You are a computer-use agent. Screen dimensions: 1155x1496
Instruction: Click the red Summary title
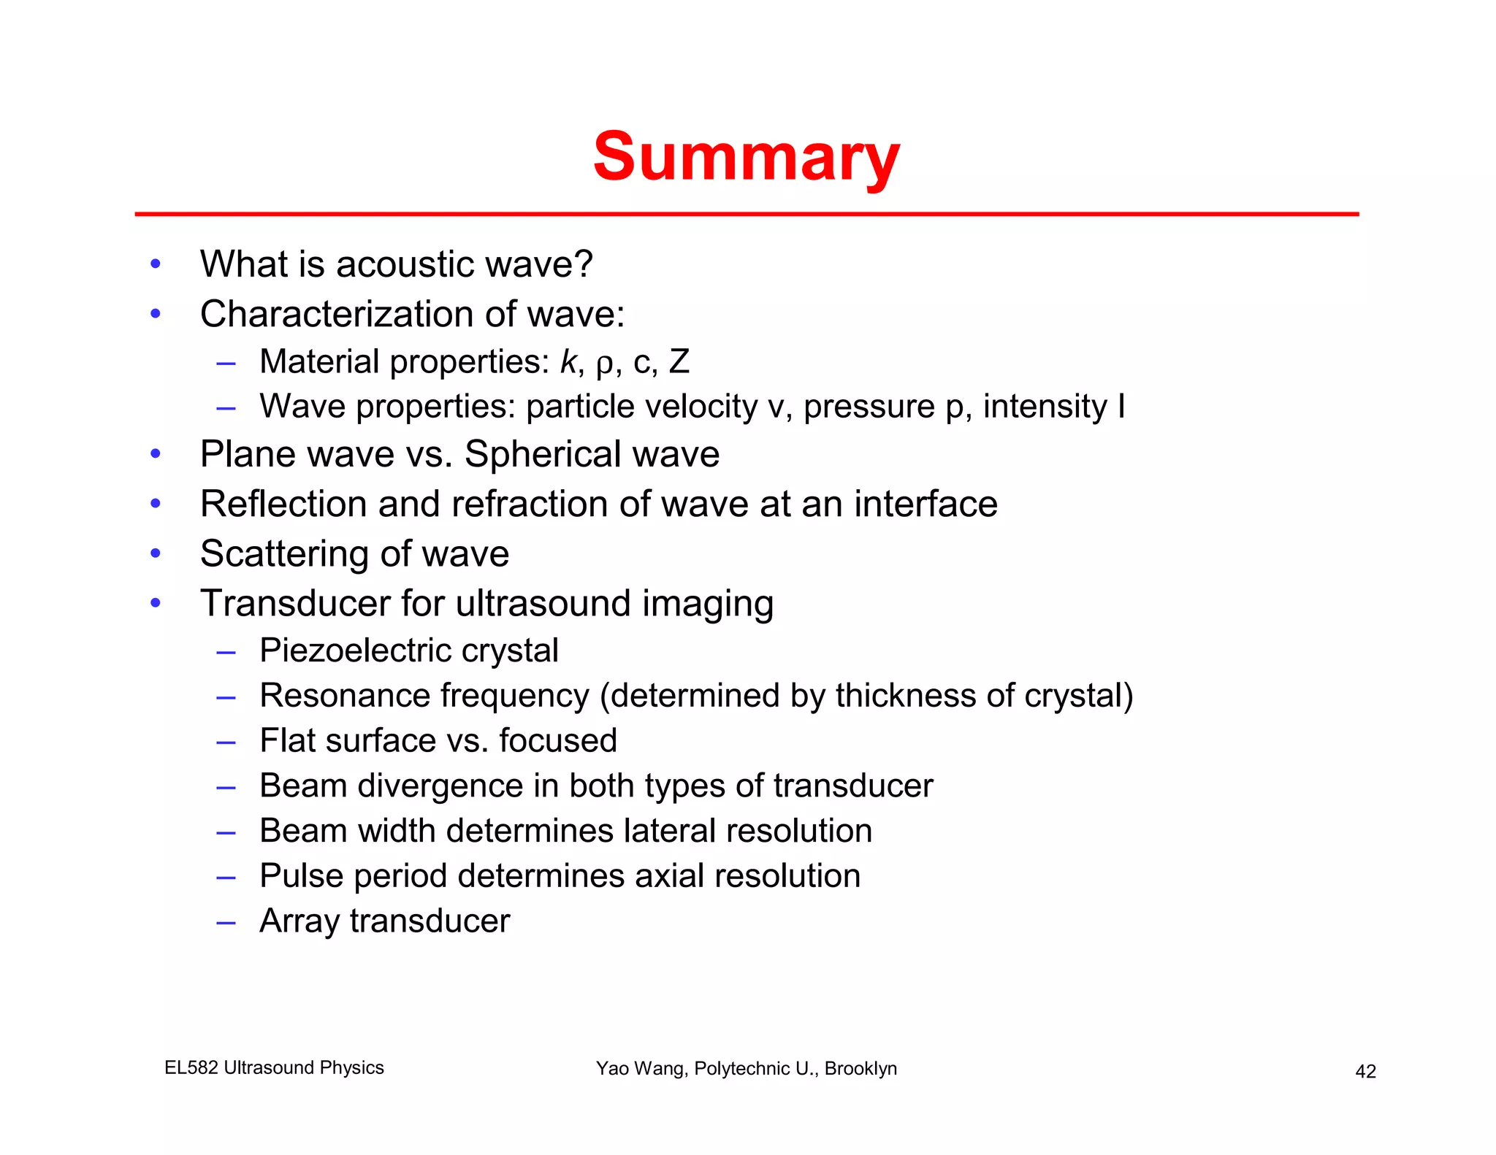pos(746,157)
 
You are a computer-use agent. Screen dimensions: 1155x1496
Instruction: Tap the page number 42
pos(1365,1071)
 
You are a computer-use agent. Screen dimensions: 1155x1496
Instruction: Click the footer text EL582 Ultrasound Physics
pos(274,1067)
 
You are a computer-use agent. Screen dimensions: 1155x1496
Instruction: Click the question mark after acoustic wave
pos(584,264)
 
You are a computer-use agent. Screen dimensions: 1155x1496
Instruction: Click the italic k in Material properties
pos(568,361)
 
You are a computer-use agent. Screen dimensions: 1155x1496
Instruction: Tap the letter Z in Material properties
pos(679,361)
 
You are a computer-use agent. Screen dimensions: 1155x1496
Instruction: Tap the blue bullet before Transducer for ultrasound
pos(155,603)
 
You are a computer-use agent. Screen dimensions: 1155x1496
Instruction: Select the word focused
pos(558,740)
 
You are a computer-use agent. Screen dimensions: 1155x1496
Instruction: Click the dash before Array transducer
pos(226,922)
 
